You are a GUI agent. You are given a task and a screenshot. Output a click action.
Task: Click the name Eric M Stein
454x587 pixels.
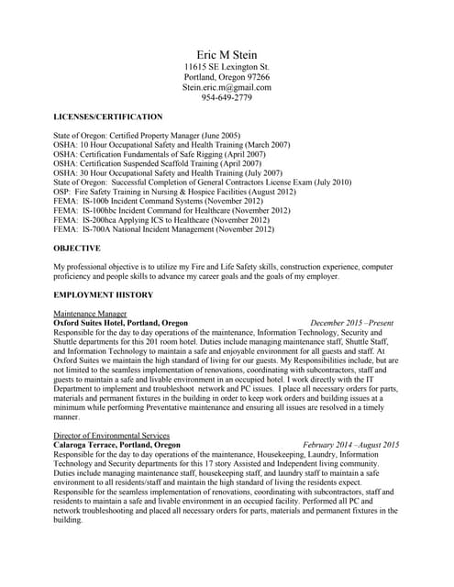coord(227,55)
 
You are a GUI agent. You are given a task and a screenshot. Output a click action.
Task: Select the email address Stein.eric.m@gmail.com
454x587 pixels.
coord(227,87)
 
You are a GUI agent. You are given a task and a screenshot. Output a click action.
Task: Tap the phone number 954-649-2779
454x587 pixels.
coord(227,98)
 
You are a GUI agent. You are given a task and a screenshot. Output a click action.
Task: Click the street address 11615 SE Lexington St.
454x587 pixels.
coord(227,67)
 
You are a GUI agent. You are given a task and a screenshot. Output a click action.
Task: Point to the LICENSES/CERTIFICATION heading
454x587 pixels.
coord(108,116)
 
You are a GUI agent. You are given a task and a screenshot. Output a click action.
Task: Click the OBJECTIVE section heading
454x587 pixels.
coord(77,248)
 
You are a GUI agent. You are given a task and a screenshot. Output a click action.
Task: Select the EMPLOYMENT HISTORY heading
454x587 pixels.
coord(104,294)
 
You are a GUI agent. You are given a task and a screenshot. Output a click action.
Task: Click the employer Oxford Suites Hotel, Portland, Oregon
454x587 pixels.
coord(121,324)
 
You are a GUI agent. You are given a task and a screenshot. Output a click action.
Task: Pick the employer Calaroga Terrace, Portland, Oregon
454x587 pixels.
coord(117,445)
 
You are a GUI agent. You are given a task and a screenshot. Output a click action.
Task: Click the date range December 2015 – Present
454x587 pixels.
coord(352,324)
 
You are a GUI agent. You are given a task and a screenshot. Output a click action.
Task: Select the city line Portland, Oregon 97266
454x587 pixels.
coord(227,77)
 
